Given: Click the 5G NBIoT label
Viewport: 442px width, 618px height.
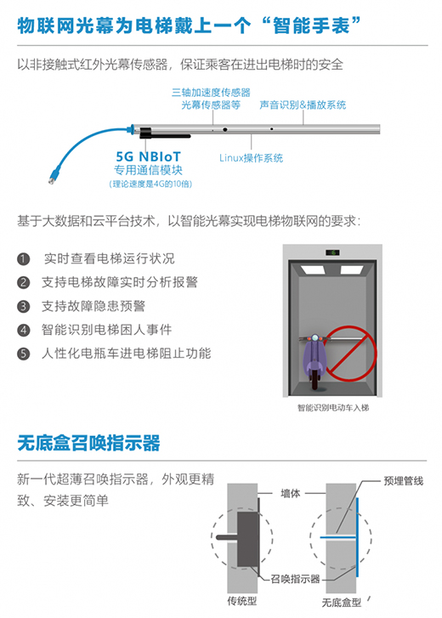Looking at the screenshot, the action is pos(148,156).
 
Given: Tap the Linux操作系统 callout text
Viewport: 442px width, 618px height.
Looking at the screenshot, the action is pos(251,158).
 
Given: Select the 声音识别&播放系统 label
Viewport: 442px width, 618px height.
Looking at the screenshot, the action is pos(303,105).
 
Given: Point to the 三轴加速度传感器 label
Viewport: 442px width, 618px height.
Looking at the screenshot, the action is pos(211,93).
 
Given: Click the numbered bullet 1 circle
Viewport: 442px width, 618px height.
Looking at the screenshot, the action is pos(23,259).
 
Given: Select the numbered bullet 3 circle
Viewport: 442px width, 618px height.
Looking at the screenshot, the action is pos(23,306).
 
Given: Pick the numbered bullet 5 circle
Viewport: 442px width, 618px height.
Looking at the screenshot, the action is pos(23,354).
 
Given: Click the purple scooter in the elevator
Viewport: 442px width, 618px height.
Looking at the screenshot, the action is pos(314,360).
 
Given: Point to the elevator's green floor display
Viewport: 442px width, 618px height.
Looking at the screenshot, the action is pos(333,252).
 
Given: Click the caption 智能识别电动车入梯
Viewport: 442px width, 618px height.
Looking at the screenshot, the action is pos(333,408).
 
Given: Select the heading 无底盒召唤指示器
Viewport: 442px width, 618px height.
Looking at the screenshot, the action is pos(88,443).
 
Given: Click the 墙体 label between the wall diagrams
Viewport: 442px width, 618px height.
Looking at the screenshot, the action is pos(291,493).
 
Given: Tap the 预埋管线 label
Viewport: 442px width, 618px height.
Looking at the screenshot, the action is pos(404,481).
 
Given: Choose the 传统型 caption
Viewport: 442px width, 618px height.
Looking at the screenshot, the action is pos(242,601).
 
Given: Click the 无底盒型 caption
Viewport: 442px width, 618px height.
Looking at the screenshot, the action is pos(342,603).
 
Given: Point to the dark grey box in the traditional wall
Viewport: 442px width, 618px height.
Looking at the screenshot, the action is pos(247,540).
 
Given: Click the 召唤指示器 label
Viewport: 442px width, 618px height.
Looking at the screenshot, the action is pos(295,579).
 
